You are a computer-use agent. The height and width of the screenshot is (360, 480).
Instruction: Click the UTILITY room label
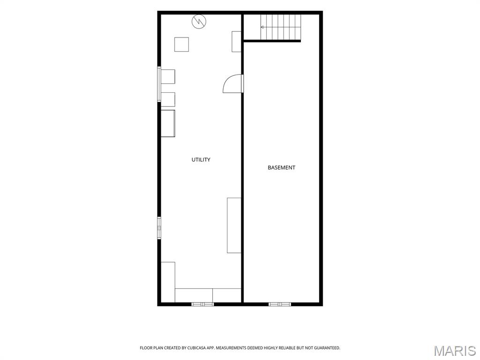tap(201, 159)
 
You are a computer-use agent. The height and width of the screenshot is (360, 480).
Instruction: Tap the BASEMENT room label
tap(281, 167)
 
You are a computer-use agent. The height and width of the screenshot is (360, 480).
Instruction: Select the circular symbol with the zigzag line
tap(199, 22)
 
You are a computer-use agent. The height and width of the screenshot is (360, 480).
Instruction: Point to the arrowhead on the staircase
tap(262, 27)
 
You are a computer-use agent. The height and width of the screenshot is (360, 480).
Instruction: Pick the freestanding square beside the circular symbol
tap(181, 45)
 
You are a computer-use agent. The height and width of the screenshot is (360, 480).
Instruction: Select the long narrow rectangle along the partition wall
tap(234, 225)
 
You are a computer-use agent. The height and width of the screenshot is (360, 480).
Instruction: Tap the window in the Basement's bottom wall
tap(280, 304)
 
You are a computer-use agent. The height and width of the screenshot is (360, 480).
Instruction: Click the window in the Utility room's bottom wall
tap(202, 304)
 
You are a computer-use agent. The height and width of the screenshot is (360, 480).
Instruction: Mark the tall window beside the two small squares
tap(159, 84)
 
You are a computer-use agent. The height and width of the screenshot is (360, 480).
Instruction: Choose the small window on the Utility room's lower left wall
tap(159, 228)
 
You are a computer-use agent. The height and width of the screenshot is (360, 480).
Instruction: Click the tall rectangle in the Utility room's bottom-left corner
tap(168, 282)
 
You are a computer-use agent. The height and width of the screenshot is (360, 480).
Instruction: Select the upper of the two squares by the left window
tap(168, 76)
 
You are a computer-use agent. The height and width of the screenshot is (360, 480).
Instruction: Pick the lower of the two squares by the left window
tap(168, 99)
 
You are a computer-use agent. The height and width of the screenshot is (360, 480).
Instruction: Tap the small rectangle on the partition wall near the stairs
tap(236, 42)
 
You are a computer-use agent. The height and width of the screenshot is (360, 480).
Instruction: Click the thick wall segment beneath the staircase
tap(272, 41)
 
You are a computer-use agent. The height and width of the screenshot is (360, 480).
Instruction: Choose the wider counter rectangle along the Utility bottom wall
tap(194, 295)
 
